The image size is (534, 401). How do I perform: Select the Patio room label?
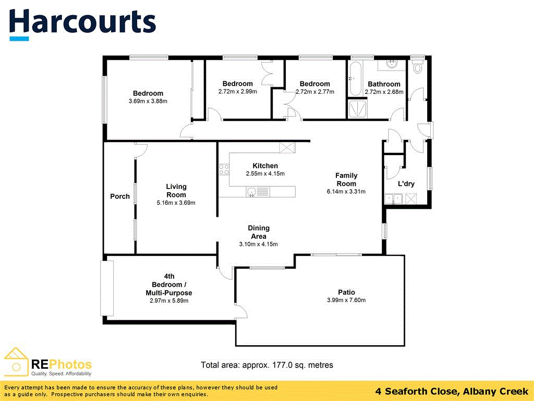pos(346,292)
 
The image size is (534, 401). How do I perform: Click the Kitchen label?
pos(265,166)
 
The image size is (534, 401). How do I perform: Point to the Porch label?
pos(120,196)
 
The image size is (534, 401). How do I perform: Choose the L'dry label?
pos(406,184)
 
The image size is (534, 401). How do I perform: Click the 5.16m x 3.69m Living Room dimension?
pos(176,203)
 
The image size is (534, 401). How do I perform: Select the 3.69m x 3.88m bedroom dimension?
pos(148,101)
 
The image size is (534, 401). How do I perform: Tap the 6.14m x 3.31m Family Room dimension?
pos(346,191)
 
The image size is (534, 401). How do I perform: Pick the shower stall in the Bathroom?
pos(357,110)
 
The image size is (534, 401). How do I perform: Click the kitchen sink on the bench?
pos(252,192)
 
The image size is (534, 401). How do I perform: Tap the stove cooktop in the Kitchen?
pos(224,169)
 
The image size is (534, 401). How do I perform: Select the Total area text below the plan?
pos(266,365)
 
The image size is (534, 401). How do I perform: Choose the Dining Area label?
pos(258,232)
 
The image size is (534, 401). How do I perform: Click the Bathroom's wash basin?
pos(392,65)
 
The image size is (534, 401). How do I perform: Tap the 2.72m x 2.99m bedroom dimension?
pos(237,91)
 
